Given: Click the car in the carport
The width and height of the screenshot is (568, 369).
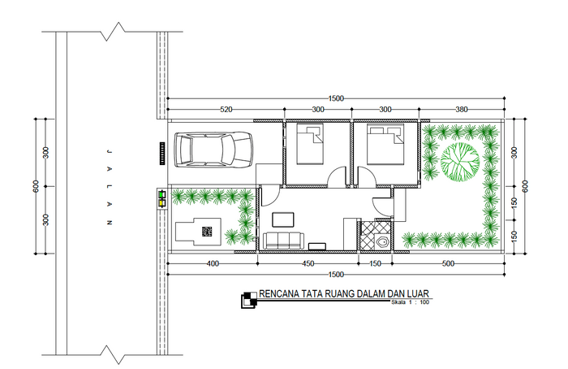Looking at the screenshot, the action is tap(213, 150).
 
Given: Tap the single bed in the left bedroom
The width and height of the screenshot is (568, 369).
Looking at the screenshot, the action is tap(310, 144).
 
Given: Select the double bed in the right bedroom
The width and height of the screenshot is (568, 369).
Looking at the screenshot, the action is tap(385, 144).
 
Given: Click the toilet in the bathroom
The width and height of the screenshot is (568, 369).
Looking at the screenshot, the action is tap(381, 241).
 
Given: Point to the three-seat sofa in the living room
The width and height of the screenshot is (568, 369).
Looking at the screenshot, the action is tap(283, 241).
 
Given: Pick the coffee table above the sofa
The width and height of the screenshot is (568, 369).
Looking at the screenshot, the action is tap(283, 220).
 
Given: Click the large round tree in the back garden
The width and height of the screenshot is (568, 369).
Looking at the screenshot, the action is tap(460, 163).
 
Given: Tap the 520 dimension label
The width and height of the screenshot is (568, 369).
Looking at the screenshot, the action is tap(226, 109).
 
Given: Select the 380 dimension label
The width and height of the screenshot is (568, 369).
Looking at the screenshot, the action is tap(462, 109).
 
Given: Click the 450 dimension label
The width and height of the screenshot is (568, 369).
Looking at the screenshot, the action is tap(308, 264).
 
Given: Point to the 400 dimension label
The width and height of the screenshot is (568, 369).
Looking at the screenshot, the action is tap(213, 264).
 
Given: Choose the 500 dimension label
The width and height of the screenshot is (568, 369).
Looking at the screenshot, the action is tap(448, 264).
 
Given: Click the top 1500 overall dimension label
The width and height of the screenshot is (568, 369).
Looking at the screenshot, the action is tap(336, 98).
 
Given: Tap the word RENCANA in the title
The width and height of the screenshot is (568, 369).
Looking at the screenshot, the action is tap(279, 294).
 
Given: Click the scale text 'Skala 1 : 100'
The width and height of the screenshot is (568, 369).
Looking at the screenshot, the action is tap(410, 302).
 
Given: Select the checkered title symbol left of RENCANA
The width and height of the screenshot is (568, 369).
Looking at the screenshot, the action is tap(249, 300).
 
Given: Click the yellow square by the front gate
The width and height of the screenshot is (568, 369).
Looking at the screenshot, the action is tap(161, 203).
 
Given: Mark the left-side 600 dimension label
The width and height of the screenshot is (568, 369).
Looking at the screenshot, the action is tap(36, 186).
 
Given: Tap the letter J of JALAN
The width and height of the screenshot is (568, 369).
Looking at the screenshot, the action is tap(108, 151).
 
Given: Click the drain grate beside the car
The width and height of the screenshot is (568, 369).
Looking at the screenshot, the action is tap(162, 154).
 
